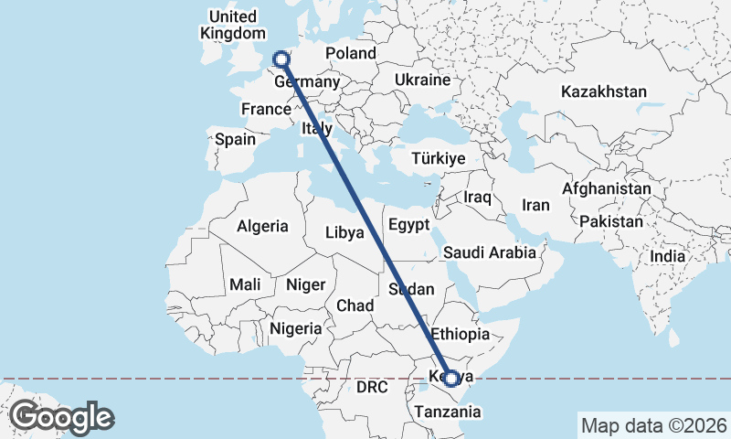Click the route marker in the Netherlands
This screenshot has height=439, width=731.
point(281,60)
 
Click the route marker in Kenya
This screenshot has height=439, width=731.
point(450,378)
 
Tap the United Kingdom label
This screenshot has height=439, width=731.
point(232,25)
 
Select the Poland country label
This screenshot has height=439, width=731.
point(350,53)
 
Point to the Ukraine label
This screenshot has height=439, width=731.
point(422,80)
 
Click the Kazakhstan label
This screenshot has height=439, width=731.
point(604,91)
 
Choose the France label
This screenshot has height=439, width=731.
point(266,109)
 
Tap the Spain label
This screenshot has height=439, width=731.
point(235,140)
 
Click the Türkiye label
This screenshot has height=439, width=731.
point(439,158)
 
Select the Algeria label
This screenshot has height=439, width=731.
point(263,226)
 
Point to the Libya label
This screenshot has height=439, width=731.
point(344,233)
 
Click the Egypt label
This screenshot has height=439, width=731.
point(408,225)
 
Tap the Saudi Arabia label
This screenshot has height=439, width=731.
point(489,252)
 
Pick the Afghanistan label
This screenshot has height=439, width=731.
point(607,189)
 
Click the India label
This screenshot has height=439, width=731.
point(667,257)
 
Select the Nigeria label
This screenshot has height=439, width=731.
point(296,327)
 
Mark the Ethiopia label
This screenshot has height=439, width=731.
point(461,333)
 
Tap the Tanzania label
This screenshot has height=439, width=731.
point(447,412)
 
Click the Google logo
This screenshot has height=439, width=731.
point(61,417)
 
